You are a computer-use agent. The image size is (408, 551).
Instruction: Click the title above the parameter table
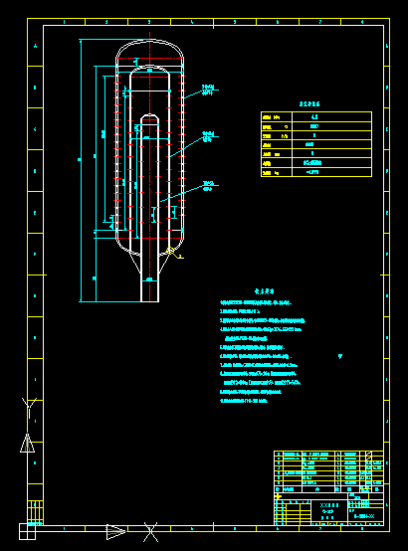point(314,102)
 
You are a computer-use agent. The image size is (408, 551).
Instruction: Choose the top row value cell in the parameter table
point(314,116)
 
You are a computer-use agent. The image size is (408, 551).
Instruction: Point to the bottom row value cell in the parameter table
point(314,172)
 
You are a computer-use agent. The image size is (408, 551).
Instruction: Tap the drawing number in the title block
point(364,516)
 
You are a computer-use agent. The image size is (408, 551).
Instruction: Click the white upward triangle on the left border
point(28,444)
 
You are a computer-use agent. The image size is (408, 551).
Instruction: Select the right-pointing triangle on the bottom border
point(115,532)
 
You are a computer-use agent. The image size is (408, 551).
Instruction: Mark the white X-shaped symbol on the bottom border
point(150,532)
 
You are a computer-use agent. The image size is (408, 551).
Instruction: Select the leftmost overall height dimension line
point(80,169)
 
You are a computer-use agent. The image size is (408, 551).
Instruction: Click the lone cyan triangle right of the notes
point(340,356)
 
